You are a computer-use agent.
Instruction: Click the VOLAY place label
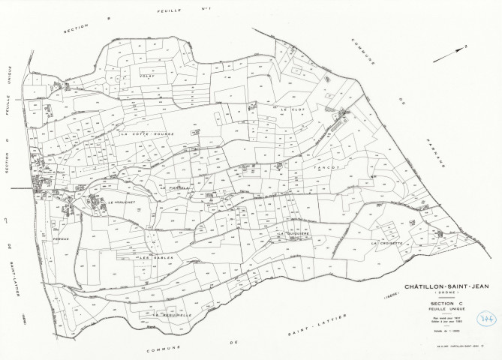tap(146, 76)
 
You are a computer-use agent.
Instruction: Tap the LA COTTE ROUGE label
tap(148, 135)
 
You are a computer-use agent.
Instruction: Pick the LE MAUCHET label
tap(121, 202)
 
